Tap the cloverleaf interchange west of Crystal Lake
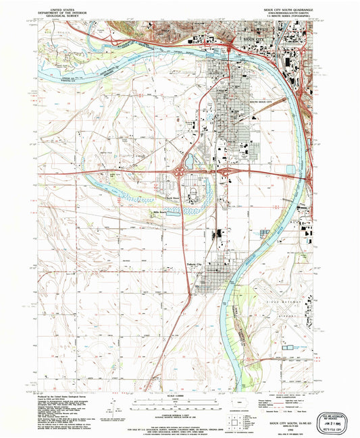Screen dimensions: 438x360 (181, 173)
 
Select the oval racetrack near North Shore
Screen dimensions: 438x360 (194, 195)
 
